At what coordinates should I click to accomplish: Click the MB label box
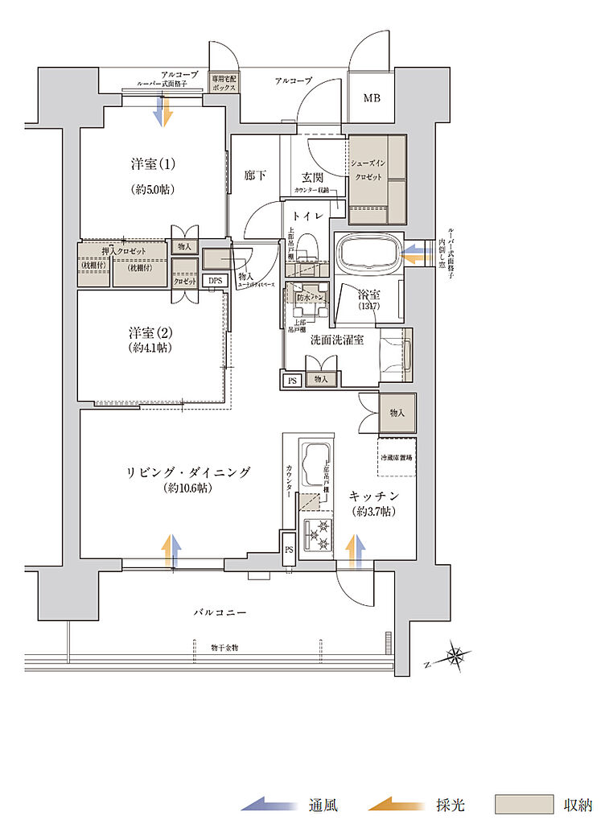click(371, 99)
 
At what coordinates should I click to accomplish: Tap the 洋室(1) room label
click(153, 164)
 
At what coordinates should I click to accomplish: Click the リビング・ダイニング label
click(187, 472)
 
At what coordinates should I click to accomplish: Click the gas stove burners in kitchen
click(317, 532)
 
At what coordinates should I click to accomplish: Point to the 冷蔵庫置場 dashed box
click(397, 457)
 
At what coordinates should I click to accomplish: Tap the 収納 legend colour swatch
click(524, 804)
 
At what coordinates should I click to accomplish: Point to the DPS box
click(213, 281)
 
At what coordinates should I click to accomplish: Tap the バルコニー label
click(219, 612)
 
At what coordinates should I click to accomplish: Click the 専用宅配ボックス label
click(223, 84)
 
